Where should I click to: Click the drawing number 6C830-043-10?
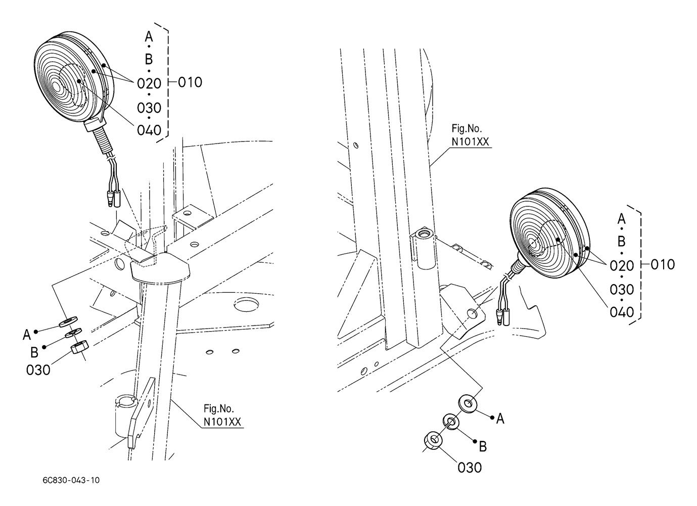(x=71, y=480)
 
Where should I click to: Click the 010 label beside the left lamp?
(x=190, y=82)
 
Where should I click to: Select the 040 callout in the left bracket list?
(x=149, y=130)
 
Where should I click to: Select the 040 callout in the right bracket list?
(x=622, y=312)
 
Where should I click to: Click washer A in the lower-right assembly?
(x=467, y=404)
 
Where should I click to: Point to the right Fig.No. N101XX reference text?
(x=470, y=136)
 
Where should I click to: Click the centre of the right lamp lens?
(x=534, y=244)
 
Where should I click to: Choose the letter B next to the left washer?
(x=34, y=351)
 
